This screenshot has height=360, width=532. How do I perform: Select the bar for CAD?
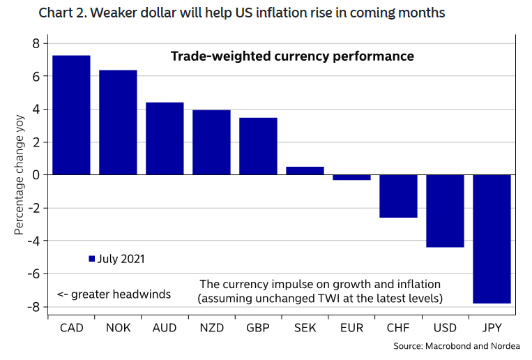(x=71, y=115)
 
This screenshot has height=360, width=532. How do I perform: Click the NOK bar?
(x=118, y=123)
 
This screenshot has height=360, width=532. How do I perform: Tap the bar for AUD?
(x=165, y=139)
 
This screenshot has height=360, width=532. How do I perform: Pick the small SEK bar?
(x=305, y=171)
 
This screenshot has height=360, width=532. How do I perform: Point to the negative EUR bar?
(x=351, y=177)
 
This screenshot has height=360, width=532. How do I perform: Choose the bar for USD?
(x=445, y=211)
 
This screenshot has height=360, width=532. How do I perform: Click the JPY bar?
(x=492, y=239)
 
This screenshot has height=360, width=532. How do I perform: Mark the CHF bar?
(x=398, y=196)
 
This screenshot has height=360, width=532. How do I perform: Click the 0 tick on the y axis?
(x=35, y=175)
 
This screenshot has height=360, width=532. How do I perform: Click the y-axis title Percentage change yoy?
(x=19, y=175)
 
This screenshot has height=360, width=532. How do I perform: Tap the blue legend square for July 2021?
(x=91, y=259)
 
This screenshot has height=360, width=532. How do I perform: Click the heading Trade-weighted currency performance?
(x=292, y=57)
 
